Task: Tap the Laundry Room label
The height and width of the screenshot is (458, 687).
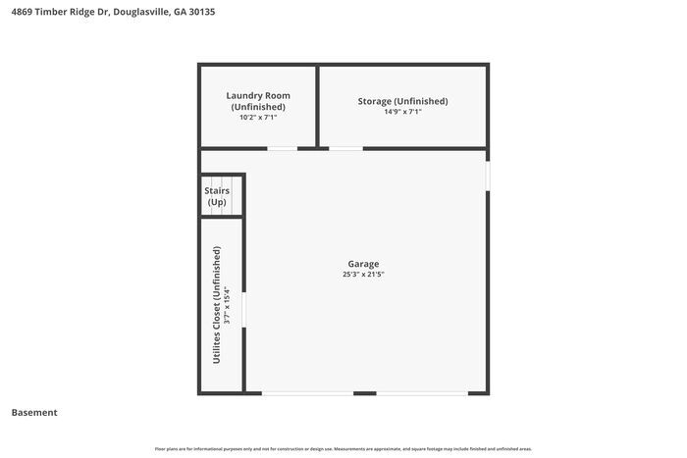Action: (258, 96)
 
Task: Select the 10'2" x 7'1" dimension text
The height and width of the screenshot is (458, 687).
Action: (258, 118)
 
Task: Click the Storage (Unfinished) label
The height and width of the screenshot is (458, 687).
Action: (401, 101)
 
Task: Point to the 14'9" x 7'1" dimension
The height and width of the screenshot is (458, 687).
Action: (401, 112)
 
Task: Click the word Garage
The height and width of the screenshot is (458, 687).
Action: (363, 264)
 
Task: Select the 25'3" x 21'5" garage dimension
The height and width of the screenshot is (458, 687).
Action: (363, 275)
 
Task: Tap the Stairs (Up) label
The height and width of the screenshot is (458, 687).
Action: (217, 196)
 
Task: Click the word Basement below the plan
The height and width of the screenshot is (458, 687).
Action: (34, 413)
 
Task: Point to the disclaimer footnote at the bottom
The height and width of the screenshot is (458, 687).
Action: (343, 449)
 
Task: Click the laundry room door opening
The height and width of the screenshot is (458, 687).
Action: (283, 149)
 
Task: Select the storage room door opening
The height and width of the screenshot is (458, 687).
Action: (344, 149)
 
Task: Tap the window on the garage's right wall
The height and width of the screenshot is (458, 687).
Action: (487, 175)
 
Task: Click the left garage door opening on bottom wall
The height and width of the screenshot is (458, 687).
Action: (307, 393)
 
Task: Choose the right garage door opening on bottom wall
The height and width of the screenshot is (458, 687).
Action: (422, 393)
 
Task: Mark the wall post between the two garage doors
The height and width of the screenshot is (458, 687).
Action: (365, 393)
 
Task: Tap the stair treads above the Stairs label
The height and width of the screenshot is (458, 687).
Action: (221, 180)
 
